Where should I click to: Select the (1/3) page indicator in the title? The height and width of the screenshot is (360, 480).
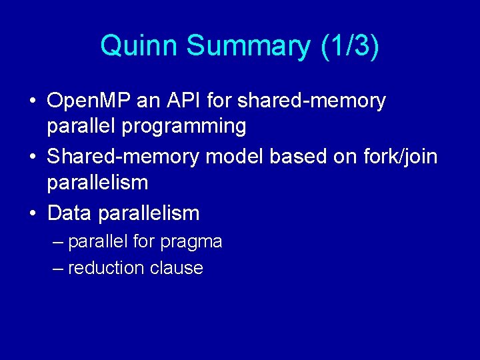tap(349, 46)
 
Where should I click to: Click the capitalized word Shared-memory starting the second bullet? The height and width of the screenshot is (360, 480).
tap(123, 157)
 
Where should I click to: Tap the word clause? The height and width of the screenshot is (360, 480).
tap(177, 268)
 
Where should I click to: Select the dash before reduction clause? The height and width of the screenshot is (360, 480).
tap(58, 268)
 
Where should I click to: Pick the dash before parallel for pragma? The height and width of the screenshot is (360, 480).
tap(58, 241)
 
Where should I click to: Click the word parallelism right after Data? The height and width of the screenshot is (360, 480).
tap(149, 213)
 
